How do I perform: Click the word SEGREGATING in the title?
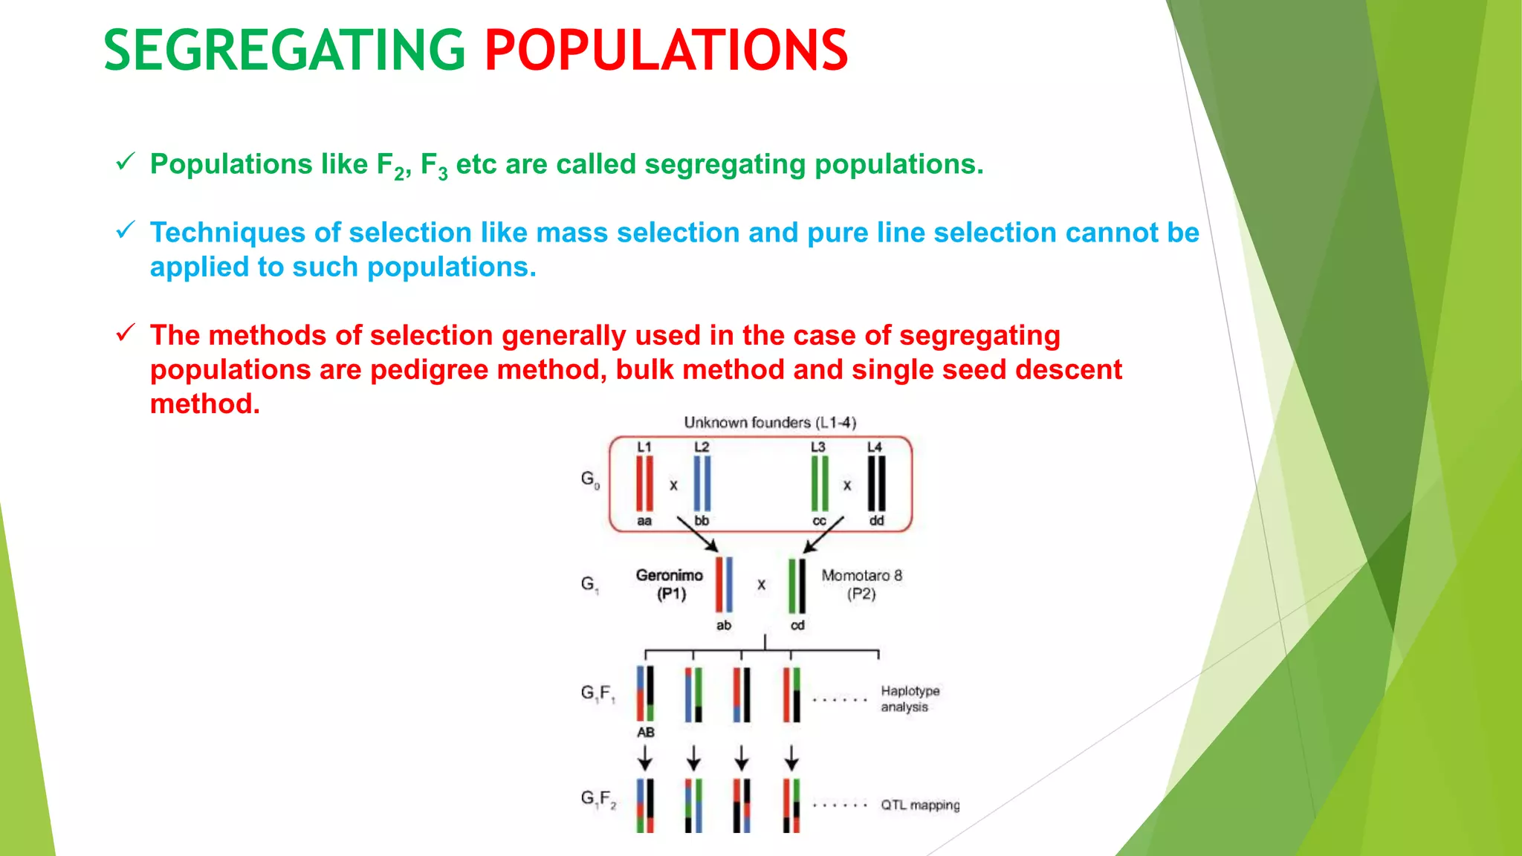284,51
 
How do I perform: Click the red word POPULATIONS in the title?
666,51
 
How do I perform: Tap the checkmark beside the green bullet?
126,161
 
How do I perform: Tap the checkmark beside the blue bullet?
126,230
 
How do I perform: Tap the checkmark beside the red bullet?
126,332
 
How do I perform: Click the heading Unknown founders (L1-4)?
770,423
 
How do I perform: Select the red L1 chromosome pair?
644,484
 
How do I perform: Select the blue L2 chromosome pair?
702,484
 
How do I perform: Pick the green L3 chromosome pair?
819,484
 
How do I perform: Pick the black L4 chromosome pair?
876,484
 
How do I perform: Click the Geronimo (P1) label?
670,584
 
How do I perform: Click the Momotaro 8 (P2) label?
861,584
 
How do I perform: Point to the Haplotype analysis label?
910,698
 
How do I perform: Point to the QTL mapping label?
920,805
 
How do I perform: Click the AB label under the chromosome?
645,732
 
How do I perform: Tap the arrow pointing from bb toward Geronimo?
697,534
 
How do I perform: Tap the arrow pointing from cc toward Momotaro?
823,534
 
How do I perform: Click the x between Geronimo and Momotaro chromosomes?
761,585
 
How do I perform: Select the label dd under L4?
876,521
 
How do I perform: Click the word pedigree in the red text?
429,369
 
